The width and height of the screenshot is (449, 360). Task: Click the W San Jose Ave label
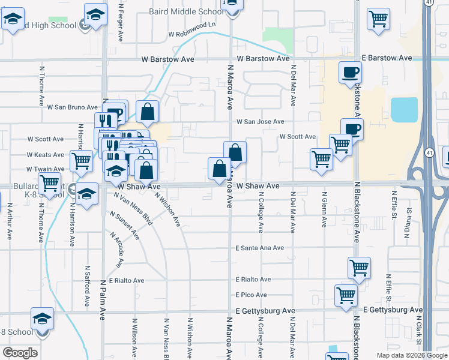pyautogui.click(x=260, y=122)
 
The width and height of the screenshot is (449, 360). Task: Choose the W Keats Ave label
pyautogui.click(x=46, y=155)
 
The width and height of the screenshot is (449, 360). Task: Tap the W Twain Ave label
pyautogui.click(x=45, y=170)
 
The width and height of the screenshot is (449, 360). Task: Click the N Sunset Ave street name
pyautogui.click(x=125, y=225)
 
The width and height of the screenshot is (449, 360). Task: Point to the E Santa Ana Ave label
pyautogui.click(x=259, y=248)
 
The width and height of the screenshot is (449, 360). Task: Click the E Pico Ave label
pyautogui.click(x=251, y=295)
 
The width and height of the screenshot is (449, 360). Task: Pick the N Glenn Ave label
pyautogui.click(x=324, y=209)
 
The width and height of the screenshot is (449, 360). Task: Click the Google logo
pyautogui.click(x=20, y=353)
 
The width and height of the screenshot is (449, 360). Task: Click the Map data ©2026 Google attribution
pyautogui.click(x=411, y=355)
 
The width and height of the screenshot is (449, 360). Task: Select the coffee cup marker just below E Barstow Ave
pyautogui.click(x=351, y=74)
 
